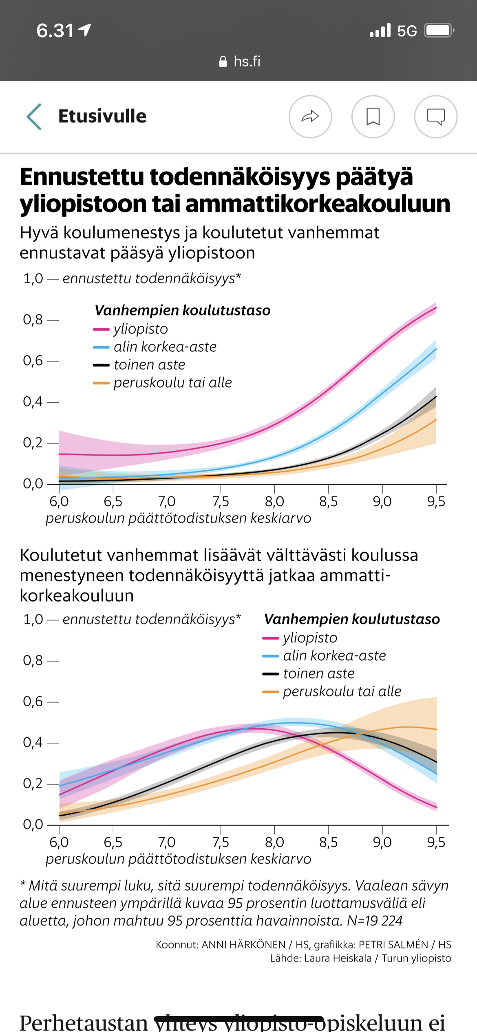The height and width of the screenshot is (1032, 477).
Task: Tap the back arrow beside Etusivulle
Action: click(34, 117)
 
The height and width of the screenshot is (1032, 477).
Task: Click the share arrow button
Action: click(310, 117)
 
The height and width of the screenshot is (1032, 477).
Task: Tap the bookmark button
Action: click(373, 117)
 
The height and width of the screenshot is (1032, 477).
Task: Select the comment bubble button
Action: click(435, 117)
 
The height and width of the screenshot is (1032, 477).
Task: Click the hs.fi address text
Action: click(247, 62)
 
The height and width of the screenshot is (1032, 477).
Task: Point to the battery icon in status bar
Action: click(439, 31)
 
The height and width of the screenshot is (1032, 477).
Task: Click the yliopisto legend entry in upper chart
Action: click(141, 329)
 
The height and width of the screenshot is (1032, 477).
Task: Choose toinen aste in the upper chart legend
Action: click(149, 365)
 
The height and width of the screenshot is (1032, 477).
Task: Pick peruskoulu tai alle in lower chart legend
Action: click(342, 691)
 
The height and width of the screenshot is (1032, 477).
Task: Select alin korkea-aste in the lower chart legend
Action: click(334, 655)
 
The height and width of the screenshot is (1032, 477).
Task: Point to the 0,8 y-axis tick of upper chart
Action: click(33, 320)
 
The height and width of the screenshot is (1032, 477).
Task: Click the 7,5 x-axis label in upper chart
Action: click(221, 501)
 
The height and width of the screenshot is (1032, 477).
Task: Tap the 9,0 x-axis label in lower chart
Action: click(382, 842)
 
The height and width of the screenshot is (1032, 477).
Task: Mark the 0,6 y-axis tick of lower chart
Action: click(33, 701)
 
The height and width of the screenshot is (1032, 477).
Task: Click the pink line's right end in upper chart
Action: click(435, 308)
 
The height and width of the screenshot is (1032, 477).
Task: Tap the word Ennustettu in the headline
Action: click(82, 178)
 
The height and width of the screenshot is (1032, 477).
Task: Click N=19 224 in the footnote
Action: click(375, 921)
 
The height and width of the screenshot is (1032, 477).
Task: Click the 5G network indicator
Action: click(407, 31)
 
